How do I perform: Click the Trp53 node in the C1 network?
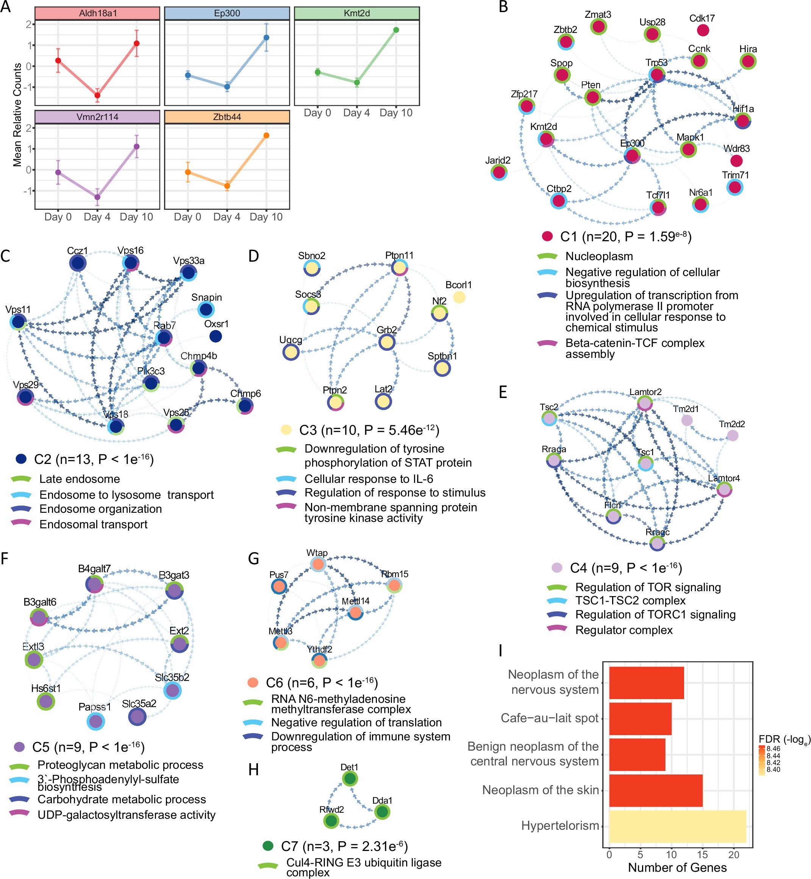[656, 75]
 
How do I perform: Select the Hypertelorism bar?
[677, 826]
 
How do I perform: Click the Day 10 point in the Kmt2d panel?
[396, 30]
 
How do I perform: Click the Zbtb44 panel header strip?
[227, 117]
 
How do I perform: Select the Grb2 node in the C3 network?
[387, 342]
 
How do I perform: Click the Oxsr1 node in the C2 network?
[216, 336]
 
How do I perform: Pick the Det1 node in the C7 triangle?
[350, 779]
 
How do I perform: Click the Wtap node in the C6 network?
[318, 564]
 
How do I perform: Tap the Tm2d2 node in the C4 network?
[733, 435]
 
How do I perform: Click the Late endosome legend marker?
[20, 479]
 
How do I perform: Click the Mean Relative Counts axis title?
[17, 115]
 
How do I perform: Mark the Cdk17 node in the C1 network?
[703, 30]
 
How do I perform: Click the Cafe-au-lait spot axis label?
[550, 718]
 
